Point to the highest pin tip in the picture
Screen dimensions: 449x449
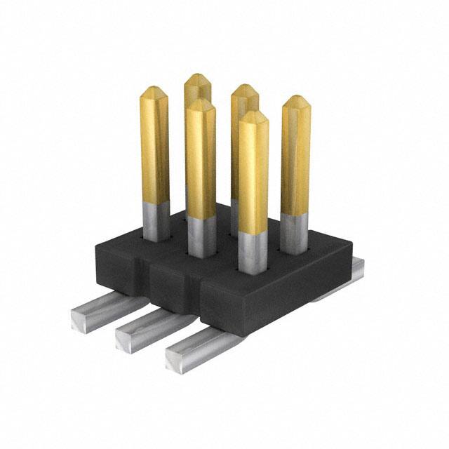pos(198,76)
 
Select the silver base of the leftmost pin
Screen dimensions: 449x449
pos(156,221)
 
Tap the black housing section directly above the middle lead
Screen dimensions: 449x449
pos(168,288)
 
